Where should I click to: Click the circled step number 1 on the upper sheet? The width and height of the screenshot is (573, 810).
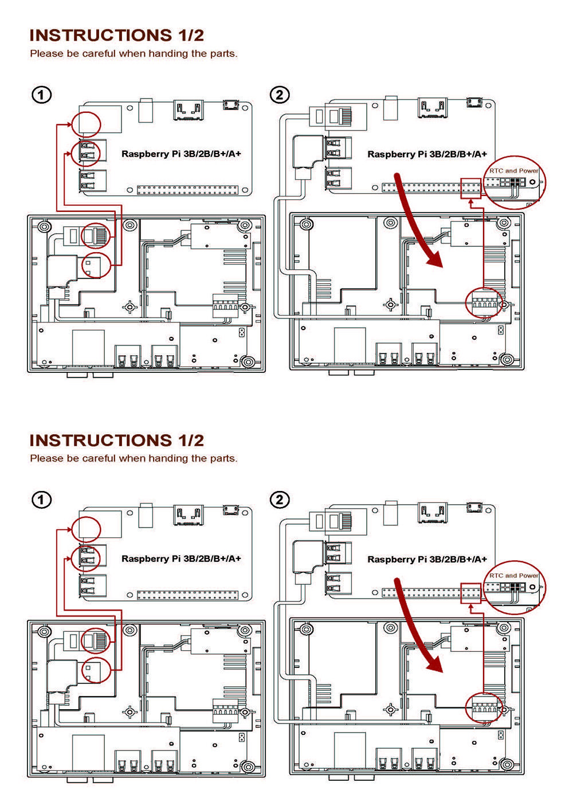pyautogui.click(x=42, y=95)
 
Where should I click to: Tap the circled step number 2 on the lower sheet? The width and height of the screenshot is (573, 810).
pyautogui.click(x=280, y=500)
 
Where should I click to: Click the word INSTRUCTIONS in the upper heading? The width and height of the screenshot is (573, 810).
pyautogui.click(x=101, y=36)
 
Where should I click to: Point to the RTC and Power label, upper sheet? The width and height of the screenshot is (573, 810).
pyautogui.click(x=513, y=170)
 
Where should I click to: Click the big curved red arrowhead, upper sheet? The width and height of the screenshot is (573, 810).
pyautogui.click(x=435, y=258)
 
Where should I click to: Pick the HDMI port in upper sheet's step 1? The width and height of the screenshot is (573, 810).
pyautogui.click(x=189, y=110)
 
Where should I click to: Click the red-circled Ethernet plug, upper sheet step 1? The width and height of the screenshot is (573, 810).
pyautogui.click(x=96, y=236)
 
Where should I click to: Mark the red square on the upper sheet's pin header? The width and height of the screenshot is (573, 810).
pyautogui.click(x=470, y=188)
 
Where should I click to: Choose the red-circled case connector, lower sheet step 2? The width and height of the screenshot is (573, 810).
pyautogui.click(x=484, y=707)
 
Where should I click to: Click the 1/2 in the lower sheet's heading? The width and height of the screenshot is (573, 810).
pyautogui.click(x=191, y=441)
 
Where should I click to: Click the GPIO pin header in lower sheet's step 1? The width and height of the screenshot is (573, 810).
pyautogui.click(x=187, y=595)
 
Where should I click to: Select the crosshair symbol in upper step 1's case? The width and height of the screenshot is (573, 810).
pyautogui.click(x=130, y=307)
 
